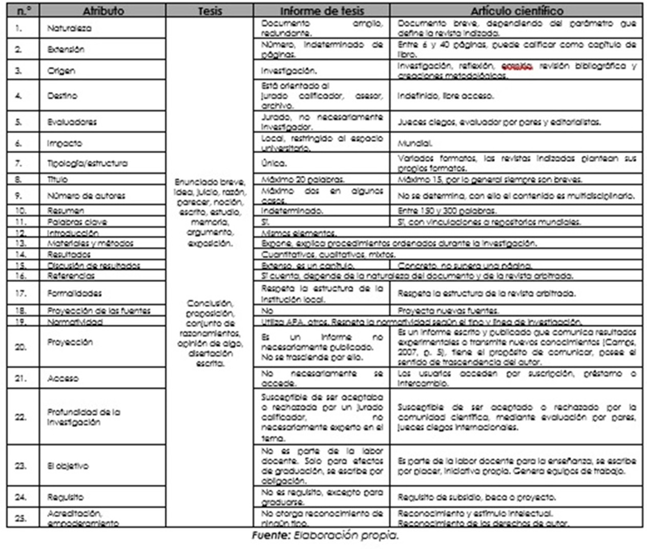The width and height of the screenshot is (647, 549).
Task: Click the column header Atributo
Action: (103, 11)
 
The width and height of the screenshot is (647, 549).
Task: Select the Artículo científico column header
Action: (516, 11)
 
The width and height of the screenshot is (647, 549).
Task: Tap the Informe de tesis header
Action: (322, 11)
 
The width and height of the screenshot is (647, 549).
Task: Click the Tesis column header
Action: (210, 11)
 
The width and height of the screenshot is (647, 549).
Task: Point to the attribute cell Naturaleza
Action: (69, 28)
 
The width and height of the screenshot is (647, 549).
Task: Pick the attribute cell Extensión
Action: (66, 50)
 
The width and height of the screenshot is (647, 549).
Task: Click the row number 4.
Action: (18, 96)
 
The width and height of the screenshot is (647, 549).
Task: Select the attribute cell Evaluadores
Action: (72, 122)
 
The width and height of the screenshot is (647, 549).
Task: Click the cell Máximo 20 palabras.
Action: (303, 180)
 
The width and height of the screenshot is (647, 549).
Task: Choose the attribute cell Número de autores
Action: (86, 196)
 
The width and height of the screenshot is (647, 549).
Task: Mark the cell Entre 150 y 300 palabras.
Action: (447, 211)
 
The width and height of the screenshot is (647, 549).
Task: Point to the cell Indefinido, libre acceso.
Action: (446, 96)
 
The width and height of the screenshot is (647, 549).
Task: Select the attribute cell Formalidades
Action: (74, 293)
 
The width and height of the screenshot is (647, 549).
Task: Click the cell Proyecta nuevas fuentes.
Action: (448, 311)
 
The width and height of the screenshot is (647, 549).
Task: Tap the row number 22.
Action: (20, 417)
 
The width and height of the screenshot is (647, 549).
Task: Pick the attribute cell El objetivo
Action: (68, 466)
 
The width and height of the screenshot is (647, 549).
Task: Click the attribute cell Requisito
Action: (65, 497)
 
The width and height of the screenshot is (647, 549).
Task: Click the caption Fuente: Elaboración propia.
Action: (325, 536)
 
